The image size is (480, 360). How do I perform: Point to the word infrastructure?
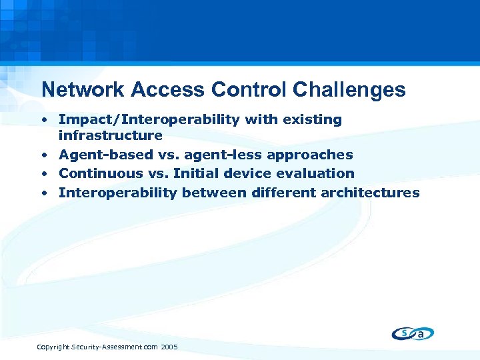(x=111, y=135)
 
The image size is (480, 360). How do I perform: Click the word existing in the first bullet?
(x=313, y=119)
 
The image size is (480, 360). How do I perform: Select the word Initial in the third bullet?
(x=200, y=173)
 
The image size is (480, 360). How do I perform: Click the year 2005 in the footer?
(x=169, y=347)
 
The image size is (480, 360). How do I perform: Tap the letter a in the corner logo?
(x=421, y=334)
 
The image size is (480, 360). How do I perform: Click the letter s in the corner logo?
(x=404, y=332)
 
